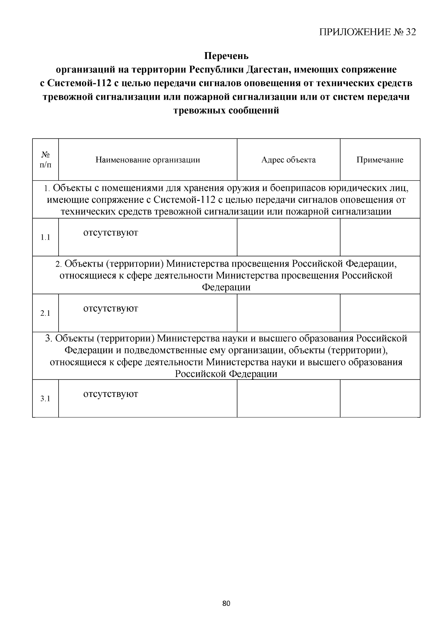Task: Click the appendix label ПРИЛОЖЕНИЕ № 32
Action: click(367, 32)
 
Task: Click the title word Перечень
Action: click(226, 56)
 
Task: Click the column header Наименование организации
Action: click(147, 160)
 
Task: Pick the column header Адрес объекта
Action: click(288, 160)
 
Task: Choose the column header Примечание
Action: click(380, 160)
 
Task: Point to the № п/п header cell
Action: click(46, 160)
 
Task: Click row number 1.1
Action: click(46, 237)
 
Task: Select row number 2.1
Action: click(46, 313)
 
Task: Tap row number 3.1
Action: click(46, 399)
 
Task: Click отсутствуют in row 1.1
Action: click(111, 232)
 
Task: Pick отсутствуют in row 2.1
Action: click(111, 308)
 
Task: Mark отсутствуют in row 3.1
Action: click(111, 394)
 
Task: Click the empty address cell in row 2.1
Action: click(288, 313)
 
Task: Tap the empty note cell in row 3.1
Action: click(380, 399)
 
